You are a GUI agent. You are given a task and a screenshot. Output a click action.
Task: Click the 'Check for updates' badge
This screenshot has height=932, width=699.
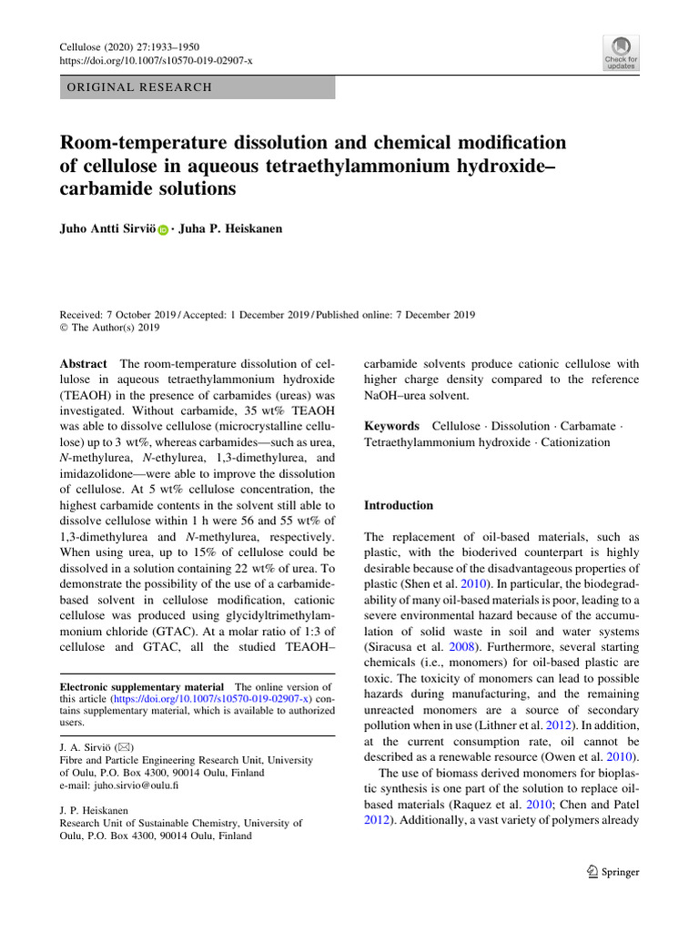tap(621, 53)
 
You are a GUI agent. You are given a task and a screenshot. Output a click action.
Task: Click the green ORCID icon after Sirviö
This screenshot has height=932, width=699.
tap(164, 230)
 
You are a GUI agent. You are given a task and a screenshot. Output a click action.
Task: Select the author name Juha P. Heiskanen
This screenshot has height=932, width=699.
tap(231, 229)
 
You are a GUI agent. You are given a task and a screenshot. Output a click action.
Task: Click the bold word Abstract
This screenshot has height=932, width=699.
tap(83, 363)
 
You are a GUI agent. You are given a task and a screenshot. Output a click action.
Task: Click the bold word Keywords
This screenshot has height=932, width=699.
tap(391, 426)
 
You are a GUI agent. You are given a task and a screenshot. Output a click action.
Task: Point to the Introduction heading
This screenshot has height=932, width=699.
tap(399, 505)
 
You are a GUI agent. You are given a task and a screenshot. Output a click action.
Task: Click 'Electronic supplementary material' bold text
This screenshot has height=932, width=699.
tap(141, 687)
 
